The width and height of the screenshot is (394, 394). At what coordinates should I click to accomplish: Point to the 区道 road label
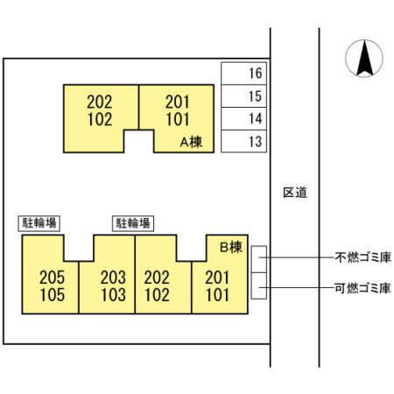pyautogui.click(x=295, y=192)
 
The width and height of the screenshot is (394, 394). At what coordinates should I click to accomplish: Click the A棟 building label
pyautogui.click(x=191, y=141)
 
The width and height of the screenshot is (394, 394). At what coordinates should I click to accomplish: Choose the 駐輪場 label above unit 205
pyautogui.click(x=39, y=223)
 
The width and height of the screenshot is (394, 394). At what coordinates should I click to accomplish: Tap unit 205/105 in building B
pyautogui.click(x=52, y=285)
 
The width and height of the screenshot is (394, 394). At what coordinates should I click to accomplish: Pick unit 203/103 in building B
pyautogui.click(x=112, y=285)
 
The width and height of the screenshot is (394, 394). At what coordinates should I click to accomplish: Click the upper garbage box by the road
pyautogui.click(x=259, y=259)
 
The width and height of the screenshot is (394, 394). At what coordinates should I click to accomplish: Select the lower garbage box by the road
pyautogui.click(x=259, y=285)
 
